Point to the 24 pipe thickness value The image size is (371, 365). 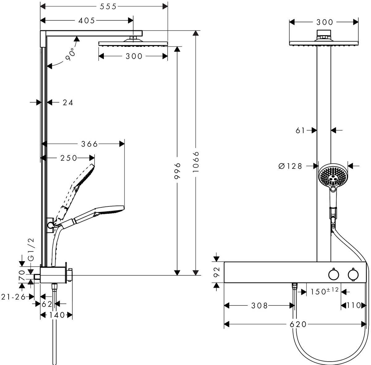[68, 103]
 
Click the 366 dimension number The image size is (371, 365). [89, 144]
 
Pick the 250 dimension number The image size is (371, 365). [69, 158]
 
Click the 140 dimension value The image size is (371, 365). [57, 315]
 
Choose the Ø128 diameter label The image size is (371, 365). [290, 166]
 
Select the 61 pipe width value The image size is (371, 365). [300, 130]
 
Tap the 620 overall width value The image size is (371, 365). [298, 324]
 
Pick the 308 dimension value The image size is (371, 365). [259, 306]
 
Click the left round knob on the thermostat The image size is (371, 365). [333, 274]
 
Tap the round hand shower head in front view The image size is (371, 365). [332, 176]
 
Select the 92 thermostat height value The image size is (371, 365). [217, 271]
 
